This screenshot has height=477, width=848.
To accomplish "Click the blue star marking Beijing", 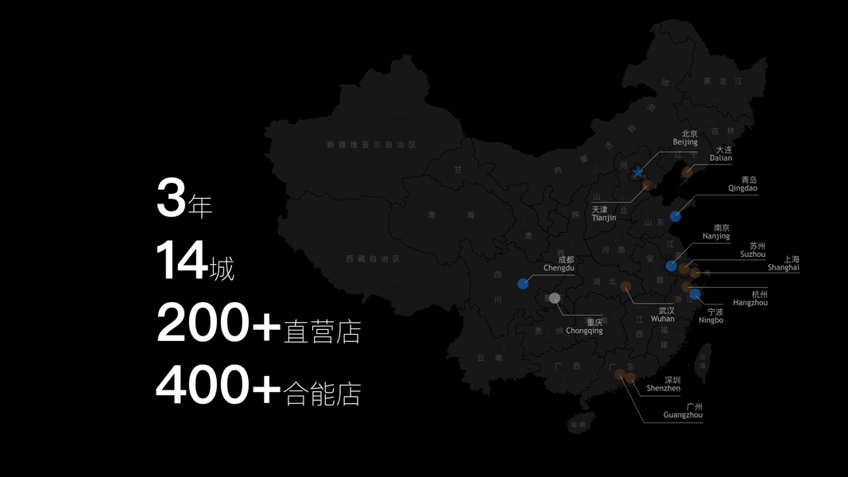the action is pos(637,172).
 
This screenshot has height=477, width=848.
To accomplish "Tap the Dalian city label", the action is pos(722,153).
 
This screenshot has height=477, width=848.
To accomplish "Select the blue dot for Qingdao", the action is pos(676,216).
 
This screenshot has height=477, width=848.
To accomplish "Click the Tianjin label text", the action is pos(603,213).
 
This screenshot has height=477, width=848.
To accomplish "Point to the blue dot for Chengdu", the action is pos(523,284).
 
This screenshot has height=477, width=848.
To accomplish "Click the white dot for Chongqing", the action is pos(555,298).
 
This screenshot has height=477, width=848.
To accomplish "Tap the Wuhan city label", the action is pos(664,314).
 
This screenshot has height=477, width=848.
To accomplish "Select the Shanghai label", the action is pos(784,263).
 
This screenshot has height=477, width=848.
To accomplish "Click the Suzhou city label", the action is pos(753,250).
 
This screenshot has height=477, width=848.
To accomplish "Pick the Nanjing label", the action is pos(717,231).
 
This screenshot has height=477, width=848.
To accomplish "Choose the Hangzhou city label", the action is pos(749,298).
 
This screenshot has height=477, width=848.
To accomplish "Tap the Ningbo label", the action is pos(712,316).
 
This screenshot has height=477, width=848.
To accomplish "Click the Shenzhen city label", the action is pos(664,384).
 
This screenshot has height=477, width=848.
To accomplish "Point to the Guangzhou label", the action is pos(683,410).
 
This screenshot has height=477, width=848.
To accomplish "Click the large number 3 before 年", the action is pos(171,199).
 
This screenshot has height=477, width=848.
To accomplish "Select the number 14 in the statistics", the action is pos(182,261).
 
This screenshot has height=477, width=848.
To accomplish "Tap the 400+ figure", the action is pos(219,386).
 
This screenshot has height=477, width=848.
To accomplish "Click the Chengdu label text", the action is pos(559,264).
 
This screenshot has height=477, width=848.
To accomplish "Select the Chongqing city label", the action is pos(584,326).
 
